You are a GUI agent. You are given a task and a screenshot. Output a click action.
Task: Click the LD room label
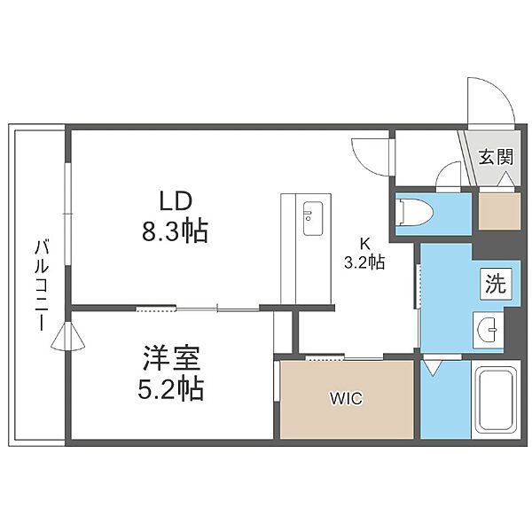pos(176,201)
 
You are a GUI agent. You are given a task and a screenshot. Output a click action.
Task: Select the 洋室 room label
pos(171,358)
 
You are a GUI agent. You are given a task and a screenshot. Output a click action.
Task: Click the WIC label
pos(347,399)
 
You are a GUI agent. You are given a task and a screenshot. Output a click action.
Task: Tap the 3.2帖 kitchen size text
pos(364,262)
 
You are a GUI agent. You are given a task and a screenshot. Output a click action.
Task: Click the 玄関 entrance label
pos(496,157)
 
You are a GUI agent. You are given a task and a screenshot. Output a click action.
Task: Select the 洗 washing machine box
pos(496,284)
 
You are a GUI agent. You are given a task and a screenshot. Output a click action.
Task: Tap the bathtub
pos(496,399)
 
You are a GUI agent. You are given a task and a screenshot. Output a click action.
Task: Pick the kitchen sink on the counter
pos(312,218)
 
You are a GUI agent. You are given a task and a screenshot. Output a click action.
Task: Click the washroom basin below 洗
pos(489,329)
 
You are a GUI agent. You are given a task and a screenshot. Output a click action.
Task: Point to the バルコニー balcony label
pos(42,286)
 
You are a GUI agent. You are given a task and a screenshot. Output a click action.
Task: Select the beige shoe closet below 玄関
pos(499,211)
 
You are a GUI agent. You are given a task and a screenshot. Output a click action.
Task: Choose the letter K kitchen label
pos(364,243)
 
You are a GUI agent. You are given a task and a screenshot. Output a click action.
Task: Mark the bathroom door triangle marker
pos(433,367)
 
